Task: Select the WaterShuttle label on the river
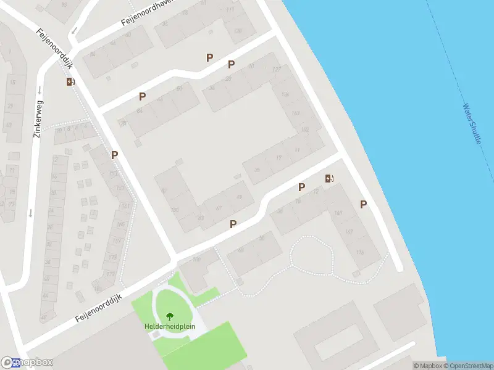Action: (472, 123)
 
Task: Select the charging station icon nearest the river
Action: (330, 179)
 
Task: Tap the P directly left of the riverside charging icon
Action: (302, 187)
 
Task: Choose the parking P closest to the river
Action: (364, 204)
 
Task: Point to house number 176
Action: (359, 253)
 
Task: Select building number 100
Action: (175, 210)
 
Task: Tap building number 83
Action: (200, 218)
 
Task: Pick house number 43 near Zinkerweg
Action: (8, 125)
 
